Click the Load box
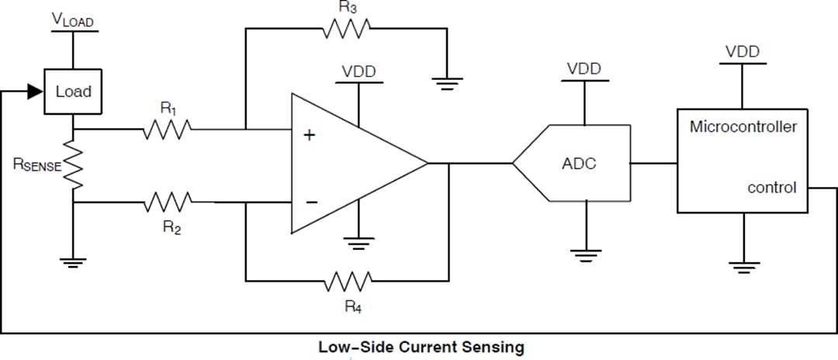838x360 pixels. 73,92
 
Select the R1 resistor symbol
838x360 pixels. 167,130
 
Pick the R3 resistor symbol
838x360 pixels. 347,28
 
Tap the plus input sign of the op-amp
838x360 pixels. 310,135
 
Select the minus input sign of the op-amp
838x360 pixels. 311,202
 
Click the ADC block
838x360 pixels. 578,164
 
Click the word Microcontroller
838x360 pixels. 743,126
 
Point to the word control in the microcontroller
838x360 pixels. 771,188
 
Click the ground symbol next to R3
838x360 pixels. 447,83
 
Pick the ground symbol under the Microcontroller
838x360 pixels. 744,268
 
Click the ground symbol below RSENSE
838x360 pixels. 73,261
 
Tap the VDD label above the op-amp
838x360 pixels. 358,71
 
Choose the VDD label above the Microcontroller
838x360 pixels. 742,52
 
